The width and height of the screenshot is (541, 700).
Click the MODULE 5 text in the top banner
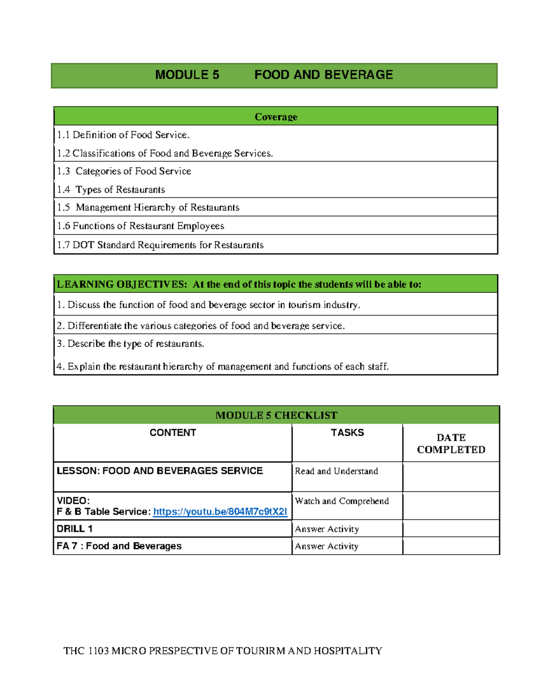click(x=187, y=75)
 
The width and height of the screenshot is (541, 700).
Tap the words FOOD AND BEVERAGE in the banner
click(x=323, y=75)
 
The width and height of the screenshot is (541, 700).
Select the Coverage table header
click(x=276, y=117)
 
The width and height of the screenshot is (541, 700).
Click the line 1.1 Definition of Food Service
click(x=123, y=135)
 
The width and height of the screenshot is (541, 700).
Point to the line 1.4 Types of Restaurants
click(x=111, y=189)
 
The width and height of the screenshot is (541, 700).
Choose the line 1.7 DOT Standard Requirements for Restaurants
click(x=160, y=245)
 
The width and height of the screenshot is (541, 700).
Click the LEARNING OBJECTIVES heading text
click(x=122, y=284)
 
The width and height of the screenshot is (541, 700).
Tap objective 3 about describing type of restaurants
click(x=130, y=343)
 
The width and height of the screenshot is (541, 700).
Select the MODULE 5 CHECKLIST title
click(x=276, y=415)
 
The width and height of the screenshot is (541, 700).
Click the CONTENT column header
click(x=173, y=433)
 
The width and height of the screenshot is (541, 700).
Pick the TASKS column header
click(x=347, y=433)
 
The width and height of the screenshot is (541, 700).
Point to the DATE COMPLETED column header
click(x=451, y=444)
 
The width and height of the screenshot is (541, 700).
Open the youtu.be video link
click(x=220, y=512)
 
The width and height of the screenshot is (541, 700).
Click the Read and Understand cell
click(x=336, y=471)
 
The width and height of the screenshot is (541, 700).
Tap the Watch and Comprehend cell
click(x=342, y=501)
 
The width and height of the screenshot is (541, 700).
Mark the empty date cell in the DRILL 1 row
click(x=451, y=528)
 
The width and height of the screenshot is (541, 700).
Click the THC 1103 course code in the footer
click(x=86, y=650)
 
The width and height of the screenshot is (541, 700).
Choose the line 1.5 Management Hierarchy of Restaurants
click(x=148, y=207)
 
